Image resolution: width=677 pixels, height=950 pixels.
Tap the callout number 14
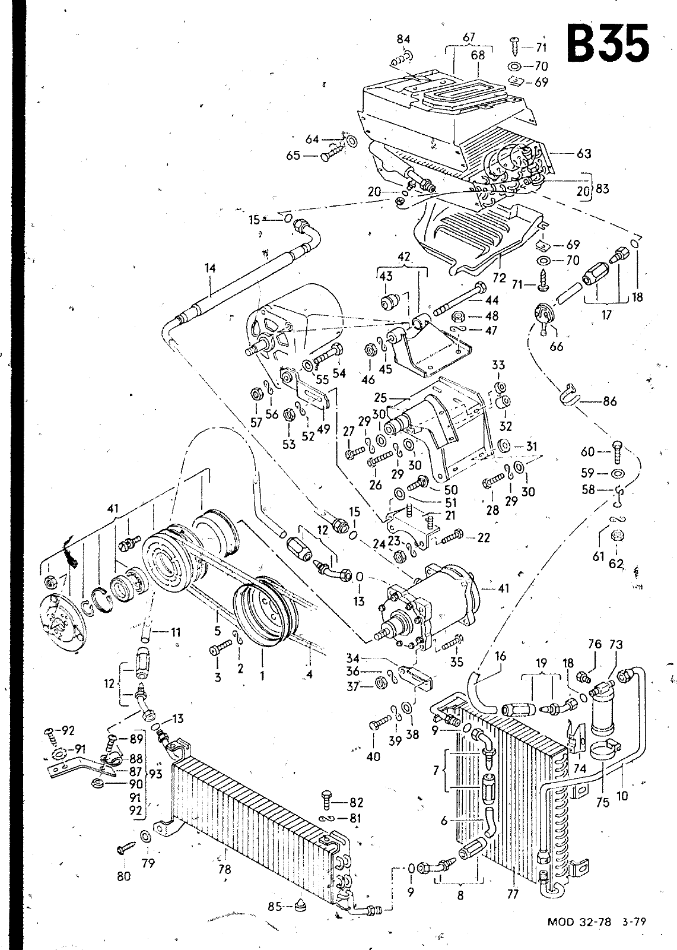209,268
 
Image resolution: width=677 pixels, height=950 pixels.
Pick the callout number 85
274,906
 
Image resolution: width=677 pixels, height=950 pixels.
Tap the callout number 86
609,401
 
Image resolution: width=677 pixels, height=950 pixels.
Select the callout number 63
584,153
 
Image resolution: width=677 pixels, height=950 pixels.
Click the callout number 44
492,301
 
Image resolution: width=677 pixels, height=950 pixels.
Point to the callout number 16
500,655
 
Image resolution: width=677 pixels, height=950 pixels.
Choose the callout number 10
622,796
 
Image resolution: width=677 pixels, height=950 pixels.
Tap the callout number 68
478,55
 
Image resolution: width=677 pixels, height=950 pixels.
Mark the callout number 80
123,875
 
